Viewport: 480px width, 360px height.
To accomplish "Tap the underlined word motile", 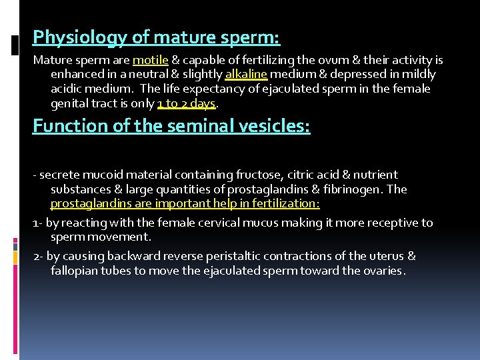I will pyautogui.click(x=150, y=60).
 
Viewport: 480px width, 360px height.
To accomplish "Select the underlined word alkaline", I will pyautogui.click(x=246, y=74).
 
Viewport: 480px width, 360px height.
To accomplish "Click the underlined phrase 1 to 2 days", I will pyautogui.click(x=187, y=103).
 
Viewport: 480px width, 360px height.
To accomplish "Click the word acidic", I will pyautogui.click(x=69, y=89).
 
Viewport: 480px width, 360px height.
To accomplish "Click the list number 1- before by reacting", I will pyautogui.click(x=38, y=223).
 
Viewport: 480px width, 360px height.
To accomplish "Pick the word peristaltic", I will pyautogui.click(x=227, y=256).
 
